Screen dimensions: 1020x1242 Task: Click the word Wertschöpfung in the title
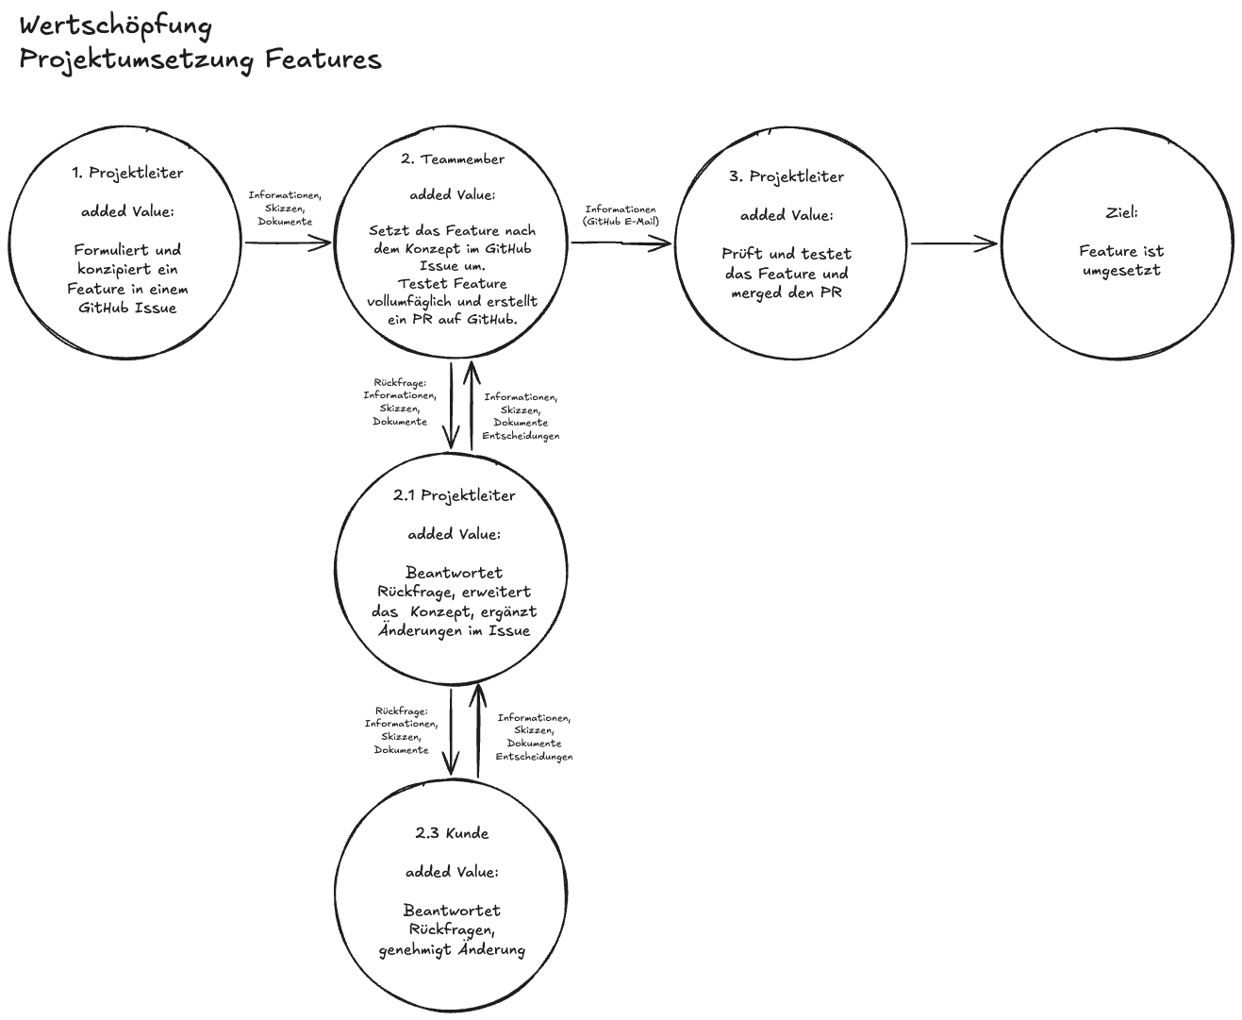[115, 25]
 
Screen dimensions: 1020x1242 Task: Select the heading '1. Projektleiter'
[127, 173]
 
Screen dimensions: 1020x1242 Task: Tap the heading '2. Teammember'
[452, 159]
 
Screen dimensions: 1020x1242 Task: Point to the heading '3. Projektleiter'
[787, 176]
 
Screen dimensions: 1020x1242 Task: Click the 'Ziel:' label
[1121, 212]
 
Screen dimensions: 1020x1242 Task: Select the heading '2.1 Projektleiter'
[454, 495]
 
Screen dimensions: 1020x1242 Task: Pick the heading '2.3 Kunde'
[452, 833]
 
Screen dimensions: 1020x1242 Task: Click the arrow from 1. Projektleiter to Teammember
[288, 243]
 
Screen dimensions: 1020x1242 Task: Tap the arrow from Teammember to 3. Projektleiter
[621, 243]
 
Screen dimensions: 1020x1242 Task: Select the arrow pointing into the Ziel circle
[953, 244]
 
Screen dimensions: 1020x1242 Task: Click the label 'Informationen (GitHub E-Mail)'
[621, 215]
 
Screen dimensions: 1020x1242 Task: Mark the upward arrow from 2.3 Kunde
[478, 731]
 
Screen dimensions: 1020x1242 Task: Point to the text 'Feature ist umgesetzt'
[1121, 260]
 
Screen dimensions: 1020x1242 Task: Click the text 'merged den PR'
[787, 293]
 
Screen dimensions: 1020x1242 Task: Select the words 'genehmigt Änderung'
[452, 949]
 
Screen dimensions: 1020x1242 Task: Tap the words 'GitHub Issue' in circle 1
[127, 308]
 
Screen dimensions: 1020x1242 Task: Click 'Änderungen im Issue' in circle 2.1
[454, 630]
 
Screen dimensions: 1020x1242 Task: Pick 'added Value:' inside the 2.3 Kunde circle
[452, 872]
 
